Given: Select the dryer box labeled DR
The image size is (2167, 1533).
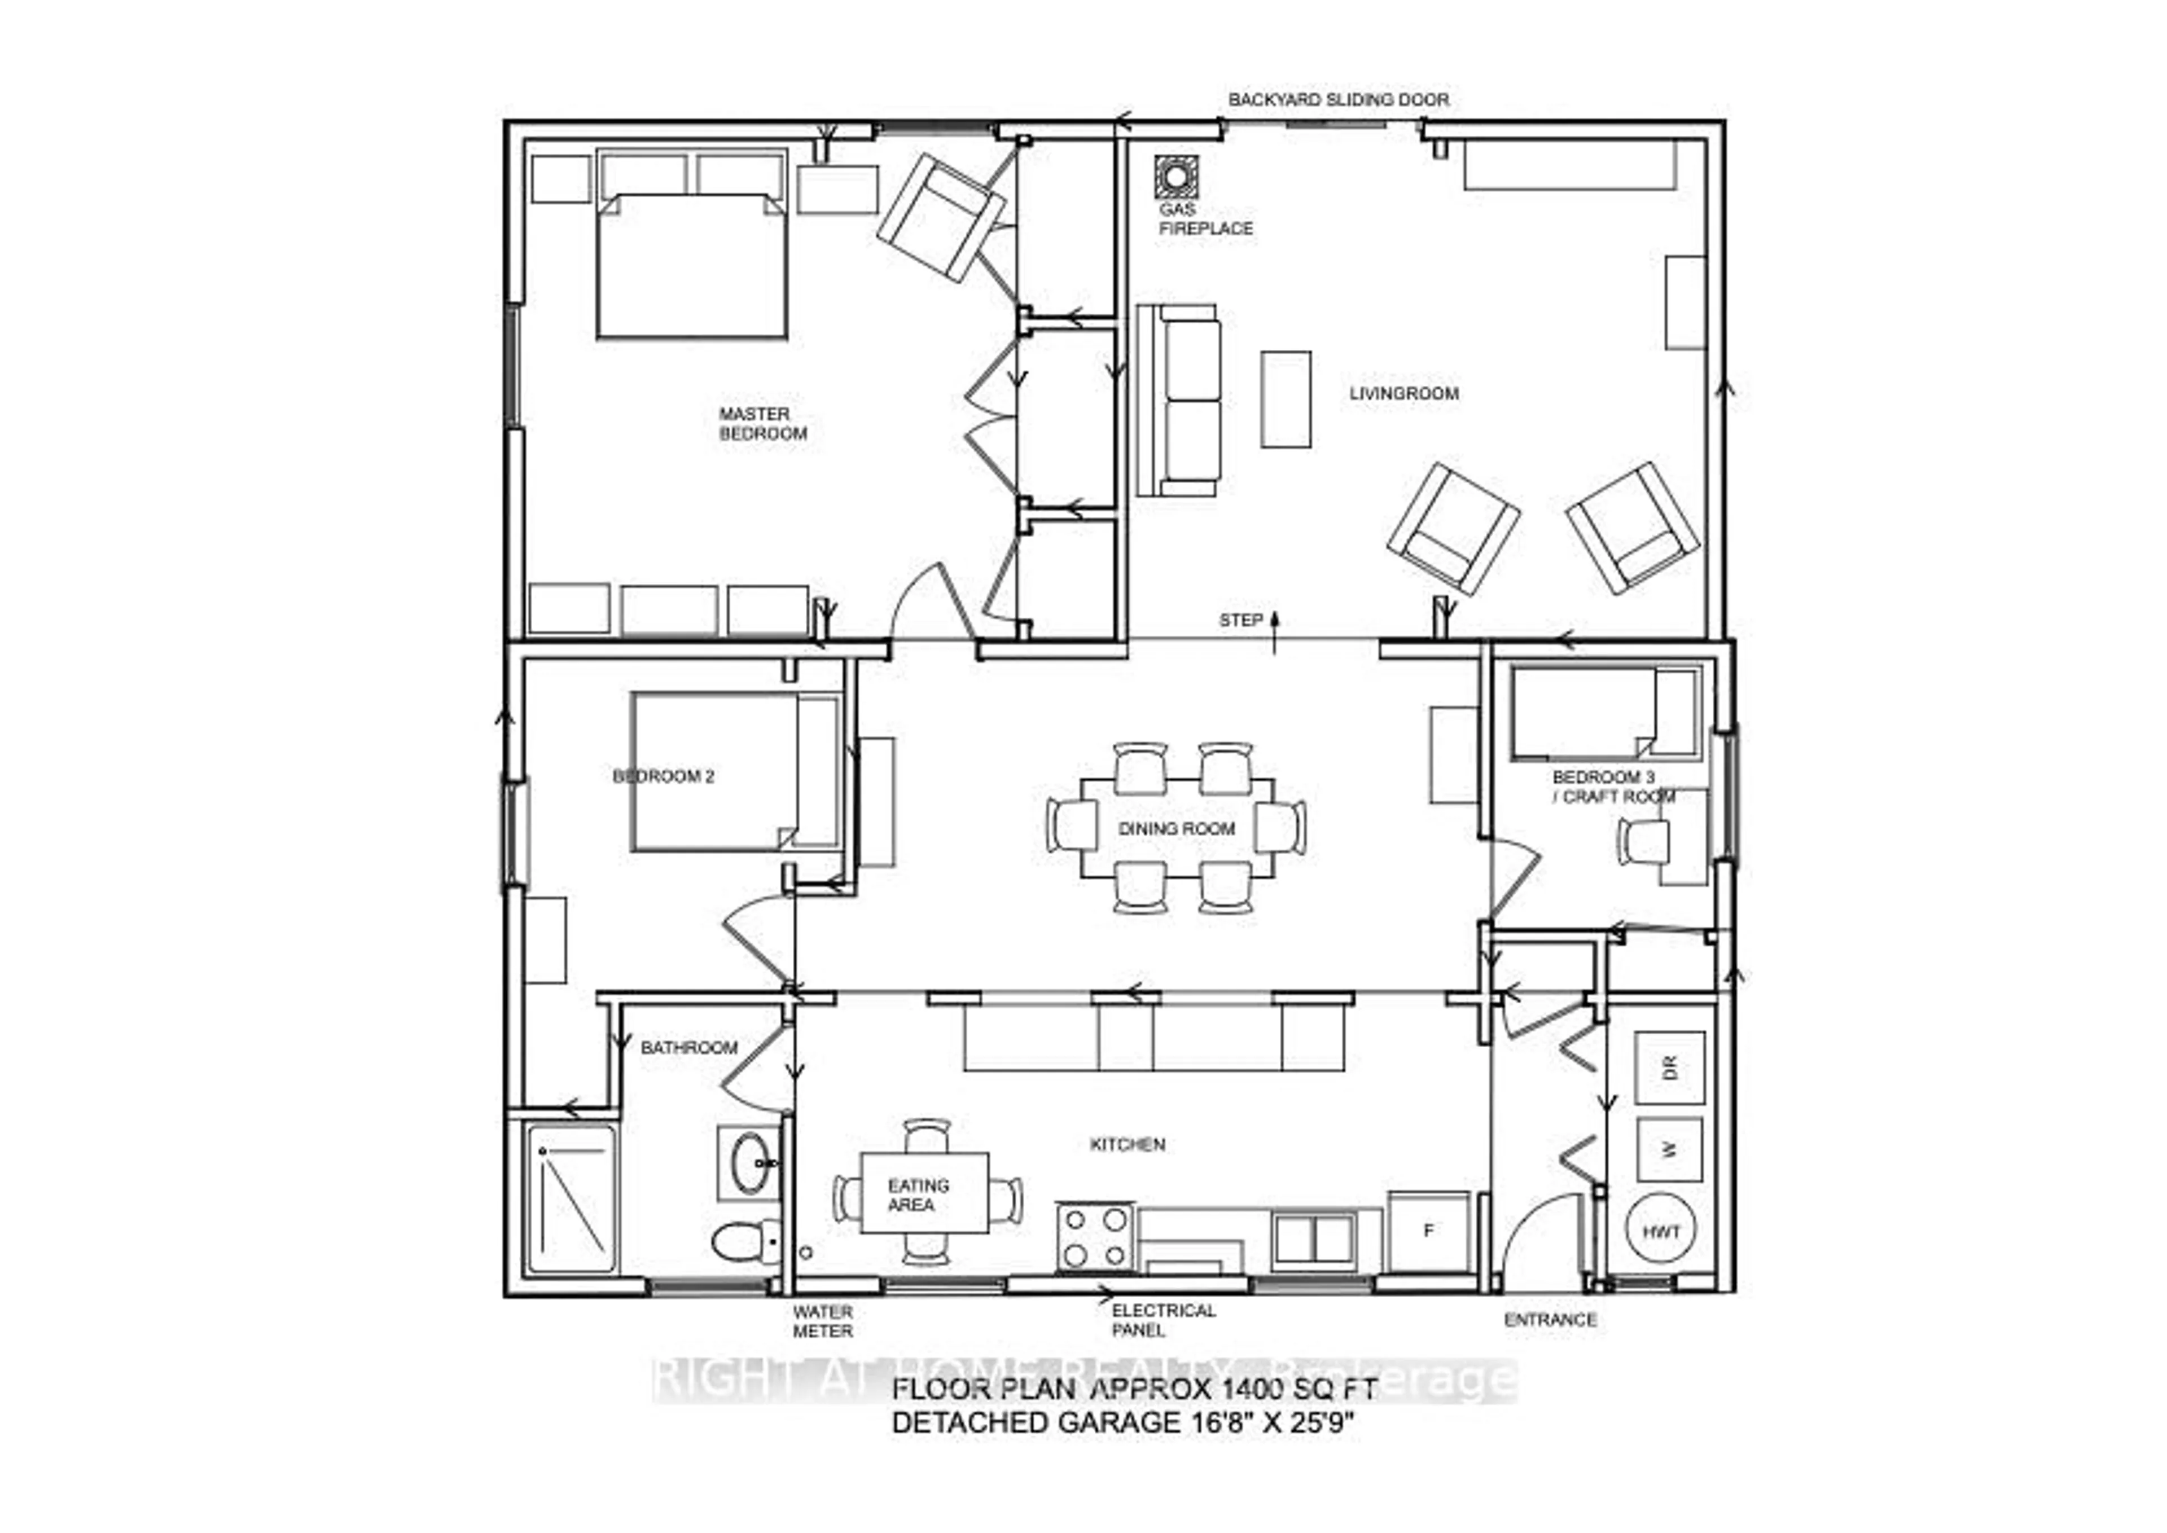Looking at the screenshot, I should click(1669, 1068).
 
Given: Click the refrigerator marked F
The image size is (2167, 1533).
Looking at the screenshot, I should click(1429, 1231).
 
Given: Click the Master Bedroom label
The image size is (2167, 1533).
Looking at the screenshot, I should click(763, 424).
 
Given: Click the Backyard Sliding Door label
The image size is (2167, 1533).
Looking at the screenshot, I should click(1338, 100).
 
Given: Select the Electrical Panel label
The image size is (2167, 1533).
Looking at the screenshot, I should click(1163, 1320).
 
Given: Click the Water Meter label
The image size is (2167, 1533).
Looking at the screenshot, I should click(822, 1321).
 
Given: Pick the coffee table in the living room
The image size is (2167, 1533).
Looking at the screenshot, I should click(1286, 399).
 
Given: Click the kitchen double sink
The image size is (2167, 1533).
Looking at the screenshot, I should click(1313, 1240).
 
